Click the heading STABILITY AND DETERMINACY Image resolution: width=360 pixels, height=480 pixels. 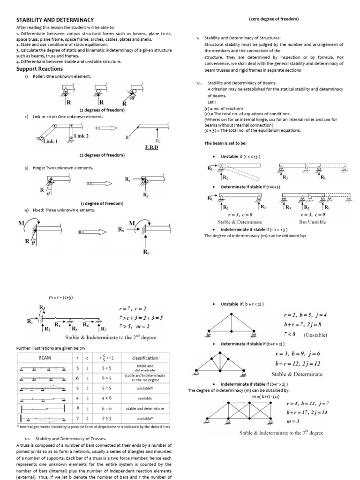[55, 20]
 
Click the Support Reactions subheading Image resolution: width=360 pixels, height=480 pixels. [39, 69]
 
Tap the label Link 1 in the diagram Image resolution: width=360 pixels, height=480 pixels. [49, 141]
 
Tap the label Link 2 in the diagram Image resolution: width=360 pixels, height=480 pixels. [81, 136]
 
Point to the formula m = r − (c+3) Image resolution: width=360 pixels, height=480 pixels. [60, 297]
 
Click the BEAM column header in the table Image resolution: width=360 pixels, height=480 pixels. [45, 358]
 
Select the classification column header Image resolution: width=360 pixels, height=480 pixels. [145, 358]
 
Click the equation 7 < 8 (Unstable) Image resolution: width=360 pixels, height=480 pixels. [305, 335]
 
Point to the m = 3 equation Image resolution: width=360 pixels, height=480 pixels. [293, 421]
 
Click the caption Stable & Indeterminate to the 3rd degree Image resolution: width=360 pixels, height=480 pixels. [281, 433]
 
